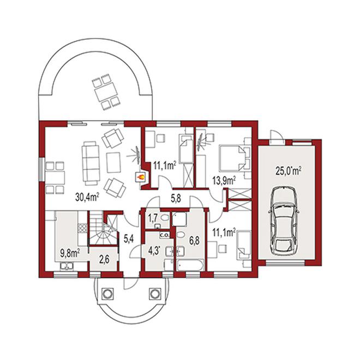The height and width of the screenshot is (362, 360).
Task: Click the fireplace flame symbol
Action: [141, 177]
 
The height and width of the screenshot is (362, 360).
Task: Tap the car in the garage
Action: [284, 221]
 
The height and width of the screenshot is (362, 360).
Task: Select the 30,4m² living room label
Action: [87, 197]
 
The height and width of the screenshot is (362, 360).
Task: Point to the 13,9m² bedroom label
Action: [224, 180]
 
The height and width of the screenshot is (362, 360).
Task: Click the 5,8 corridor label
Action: [176, 198]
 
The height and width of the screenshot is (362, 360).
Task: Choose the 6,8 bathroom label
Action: [194, 241]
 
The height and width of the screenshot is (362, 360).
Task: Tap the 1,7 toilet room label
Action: [153, 217]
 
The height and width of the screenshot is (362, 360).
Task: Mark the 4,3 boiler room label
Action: [153, 251]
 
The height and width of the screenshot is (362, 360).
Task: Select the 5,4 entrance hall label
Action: [129, 239]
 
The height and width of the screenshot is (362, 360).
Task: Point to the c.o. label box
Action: [165, 236]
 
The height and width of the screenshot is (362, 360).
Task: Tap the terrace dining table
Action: [106, 92]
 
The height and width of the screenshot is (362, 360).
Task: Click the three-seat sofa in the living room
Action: [89, 163]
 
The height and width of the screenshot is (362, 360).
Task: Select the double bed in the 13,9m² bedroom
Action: [231, 158]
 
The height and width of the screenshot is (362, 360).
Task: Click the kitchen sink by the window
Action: [67, 266]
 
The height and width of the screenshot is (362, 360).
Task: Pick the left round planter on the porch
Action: [107, 294]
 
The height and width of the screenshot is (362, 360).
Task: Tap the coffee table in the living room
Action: [113, 162]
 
